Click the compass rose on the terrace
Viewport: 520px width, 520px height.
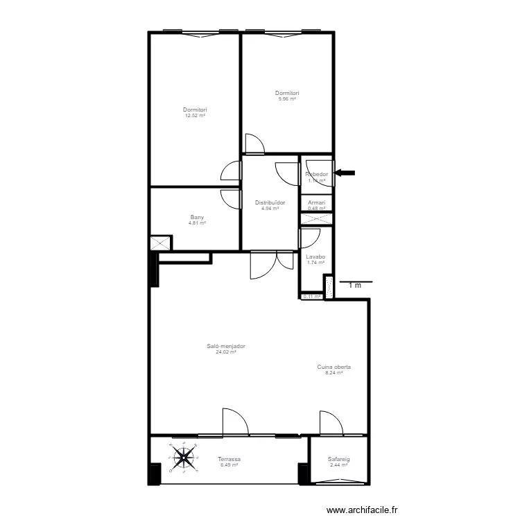tap(184, 457)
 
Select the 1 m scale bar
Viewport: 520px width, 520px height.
tap(355, 283)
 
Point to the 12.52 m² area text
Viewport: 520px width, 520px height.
tap(195, 116)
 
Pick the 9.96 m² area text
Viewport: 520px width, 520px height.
tap(286, 99)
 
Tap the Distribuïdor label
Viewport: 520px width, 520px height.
tap(270, 202)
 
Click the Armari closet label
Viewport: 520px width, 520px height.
tap(316, 202)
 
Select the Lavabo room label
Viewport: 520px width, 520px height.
tap(315, 257)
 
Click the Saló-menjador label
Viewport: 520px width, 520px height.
tap(226, 347)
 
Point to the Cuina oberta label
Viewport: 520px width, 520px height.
tap(333, 367)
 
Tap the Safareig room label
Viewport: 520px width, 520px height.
tap(338, 459)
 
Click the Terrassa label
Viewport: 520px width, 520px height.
tap(229, 459)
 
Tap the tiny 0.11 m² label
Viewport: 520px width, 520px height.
tap(313, 297)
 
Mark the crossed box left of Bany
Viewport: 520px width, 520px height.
tap(159, 244)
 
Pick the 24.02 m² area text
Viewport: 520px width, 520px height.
tap(226, 352)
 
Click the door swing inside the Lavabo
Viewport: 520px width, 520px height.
tap(309, 238)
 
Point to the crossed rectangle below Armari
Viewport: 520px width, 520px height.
tap(316, 218)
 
